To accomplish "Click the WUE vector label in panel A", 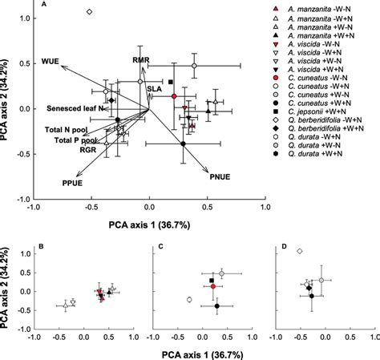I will tap(51, 61).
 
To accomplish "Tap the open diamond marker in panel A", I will tap(89, 12).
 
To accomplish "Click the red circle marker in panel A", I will tap(174, 95).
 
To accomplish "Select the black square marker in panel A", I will tap(171, 82).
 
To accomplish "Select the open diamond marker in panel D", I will tap(300, 252).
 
